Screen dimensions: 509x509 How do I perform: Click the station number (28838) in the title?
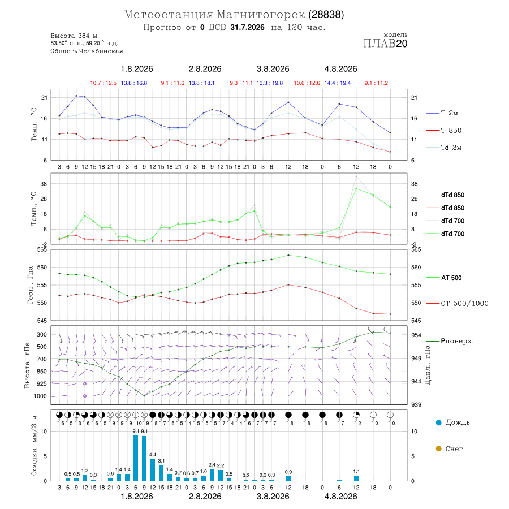(326, 15)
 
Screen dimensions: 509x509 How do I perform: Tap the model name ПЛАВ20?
(385, 44)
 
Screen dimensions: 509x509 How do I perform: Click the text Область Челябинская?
(87, 51)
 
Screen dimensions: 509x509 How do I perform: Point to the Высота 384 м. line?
(75, 36)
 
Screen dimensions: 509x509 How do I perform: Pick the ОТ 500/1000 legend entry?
(457, 304)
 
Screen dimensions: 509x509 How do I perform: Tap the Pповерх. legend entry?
(450, 341)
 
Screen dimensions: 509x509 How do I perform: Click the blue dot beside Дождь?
(439, 422)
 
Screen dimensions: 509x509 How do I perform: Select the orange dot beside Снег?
(439, 448)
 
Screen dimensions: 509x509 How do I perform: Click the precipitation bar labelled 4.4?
(153, 470)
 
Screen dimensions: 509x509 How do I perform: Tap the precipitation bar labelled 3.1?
(161, 473)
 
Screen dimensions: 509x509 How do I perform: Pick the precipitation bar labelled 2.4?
(212, 475)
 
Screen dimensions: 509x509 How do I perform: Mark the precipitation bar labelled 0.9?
(288, 478)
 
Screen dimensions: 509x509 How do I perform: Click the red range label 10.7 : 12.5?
(103, 83)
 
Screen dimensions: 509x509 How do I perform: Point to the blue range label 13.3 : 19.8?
(270, 83)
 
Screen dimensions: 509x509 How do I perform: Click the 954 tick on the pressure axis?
(416, 335)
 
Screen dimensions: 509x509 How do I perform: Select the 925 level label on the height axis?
(41, 383)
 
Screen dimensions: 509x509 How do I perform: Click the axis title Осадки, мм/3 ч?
(34, 446)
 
